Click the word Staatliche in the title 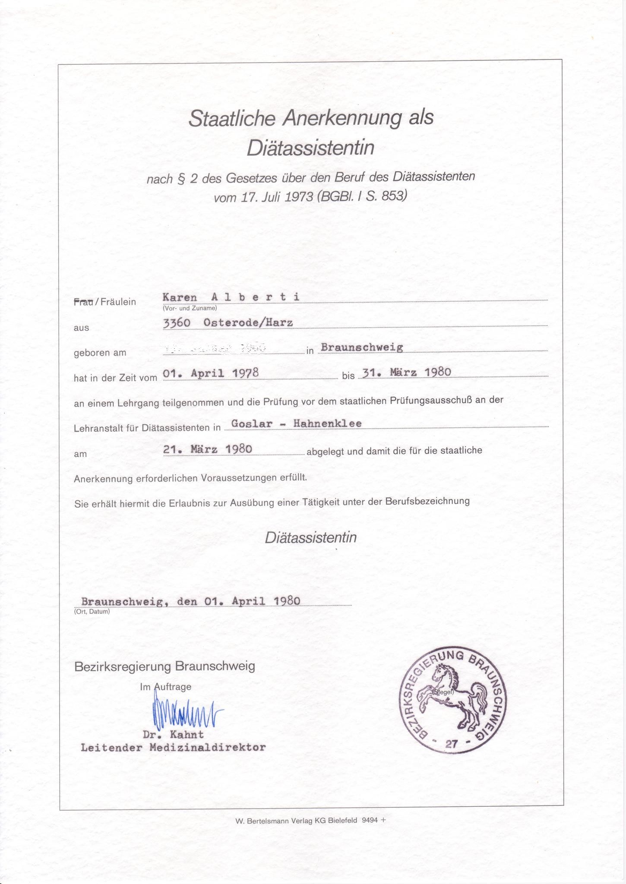pos(232,119)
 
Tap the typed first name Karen pos(180,297)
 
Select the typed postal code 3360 pos(177,322)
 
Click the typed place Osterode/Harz pos(248,322)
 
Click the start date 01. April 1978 pos(211,373)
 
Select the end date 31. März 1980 pos(407,372)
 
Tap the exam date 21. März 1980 pos(208,449)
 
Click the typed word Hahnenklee pos(327,423)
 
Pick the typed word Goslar pos(252,423)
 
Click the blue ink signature pos(186,714)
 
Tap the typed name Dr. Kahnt pos(173,734)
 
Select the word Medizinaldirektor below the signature pos(207,748)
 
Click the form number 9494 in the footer pos(369,821)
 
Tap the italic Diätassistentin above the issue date pos(311,537)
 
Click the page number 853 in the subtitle pos(393,196)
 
